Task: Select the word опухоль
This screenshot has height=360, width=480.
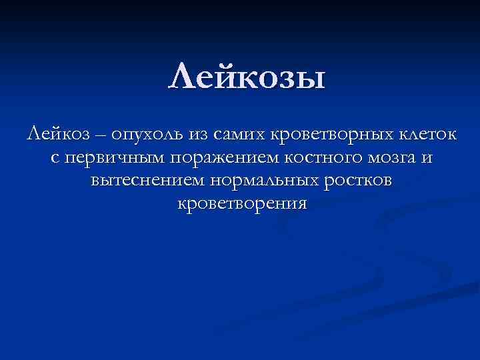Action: [147, 137]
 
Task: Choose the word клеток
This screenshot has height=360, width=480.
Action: [428, 135]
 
